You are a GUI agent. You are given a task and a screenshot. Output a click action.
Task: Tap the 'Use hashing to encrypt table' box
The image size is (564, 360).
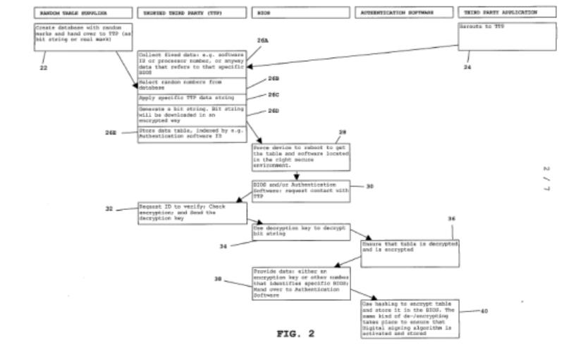[409, 318]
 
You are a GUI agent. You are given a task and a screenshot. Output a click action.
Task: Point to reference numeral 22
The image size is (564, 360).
[43, 68]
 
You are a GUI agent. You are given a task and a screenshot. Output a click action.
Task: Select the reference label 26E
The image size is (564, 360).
[111, 132]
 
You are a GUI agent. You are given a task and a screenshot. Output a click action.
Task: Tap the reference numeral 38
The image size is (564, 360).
[219, 279]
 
